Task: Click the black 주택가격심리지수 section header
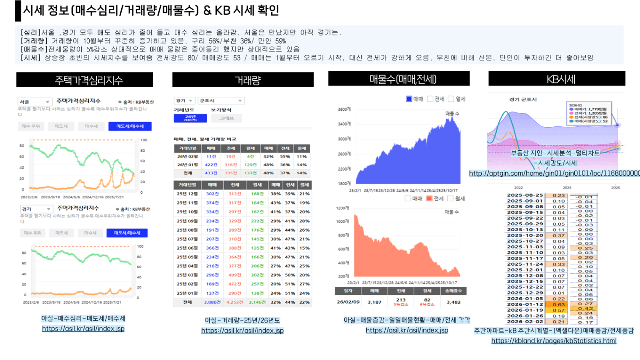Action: (x=85, y=80)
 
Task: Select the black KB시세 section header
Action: (x=557, y=79)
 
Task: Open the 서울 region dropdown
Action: (x=35, y=102)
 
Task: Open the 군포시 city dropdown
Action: (x=221, y=101)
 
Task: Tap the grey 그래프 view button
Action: (x=227, y=118)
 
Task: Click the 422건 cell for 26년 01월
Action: (x=211, y=165)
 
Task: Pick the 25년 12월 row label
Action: (x=187, y=194)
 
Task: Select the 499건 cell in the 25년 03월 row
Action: (x=235, y=275)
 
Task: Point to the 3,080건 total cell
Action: (x=212, y=302)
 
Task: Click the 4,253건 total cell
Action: (x=235, y=302)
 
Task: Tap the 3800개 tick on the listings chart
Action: (x=344, y=109)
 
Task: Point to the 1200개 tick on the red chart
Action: (x=342, y=208)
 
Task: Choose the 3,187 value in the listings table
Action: (x=374, y=302)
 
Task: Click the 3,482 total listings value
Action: (x=453, y=302)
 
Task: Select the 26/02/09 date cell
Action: (x=348, y=302)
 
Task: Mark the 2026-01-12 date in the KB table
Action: (x=525, y=304)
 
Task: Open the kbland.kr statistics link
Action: (x=554, y=341)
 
